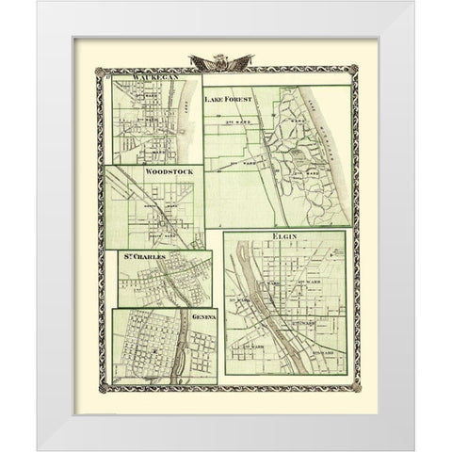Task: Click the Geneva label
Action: coord(204,317)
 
